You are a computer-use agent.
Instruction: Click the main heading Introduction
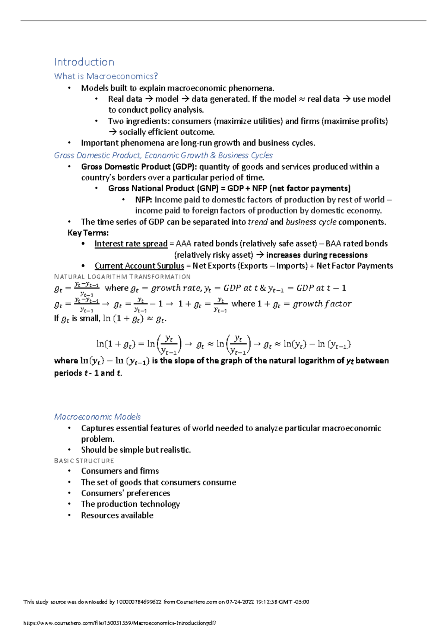point(84,62)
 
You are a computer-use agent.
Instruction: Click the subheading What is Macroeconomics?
point(106,76)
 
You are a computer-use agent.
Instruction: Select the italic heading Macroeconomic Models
point(98,416)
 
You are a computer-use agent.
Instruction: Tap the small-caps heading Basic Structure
point(84,461)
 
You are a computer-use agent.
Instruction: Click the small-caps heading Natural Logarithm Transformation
point(122,277)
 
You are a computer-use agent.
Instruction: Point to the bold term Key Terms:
point(88,233)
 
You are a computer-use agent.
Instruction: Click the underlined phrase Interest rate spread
point(131,244)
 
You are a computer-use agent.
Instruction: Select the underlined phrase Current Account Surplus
point(139,266)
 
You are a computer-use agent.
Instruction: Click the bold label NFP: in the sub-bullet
point(144,200)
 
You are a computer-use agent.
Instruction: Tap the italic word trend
point(258,222)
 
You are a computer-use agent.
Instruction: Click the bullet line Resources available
point(117,515)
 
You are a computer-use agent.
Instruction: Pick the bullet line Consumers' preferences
point(126,493)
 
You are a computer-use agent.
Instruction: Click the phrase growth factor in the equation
point(322,304)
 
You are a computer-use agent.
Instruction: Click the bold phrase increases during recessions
point(317,255)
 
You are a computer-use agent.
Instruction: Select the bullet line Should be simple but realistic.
point(136,450)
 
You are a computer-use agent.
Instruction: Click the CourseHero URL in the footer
point(120,623)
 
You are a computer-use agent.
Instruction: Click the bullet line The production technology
point(130,504)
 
